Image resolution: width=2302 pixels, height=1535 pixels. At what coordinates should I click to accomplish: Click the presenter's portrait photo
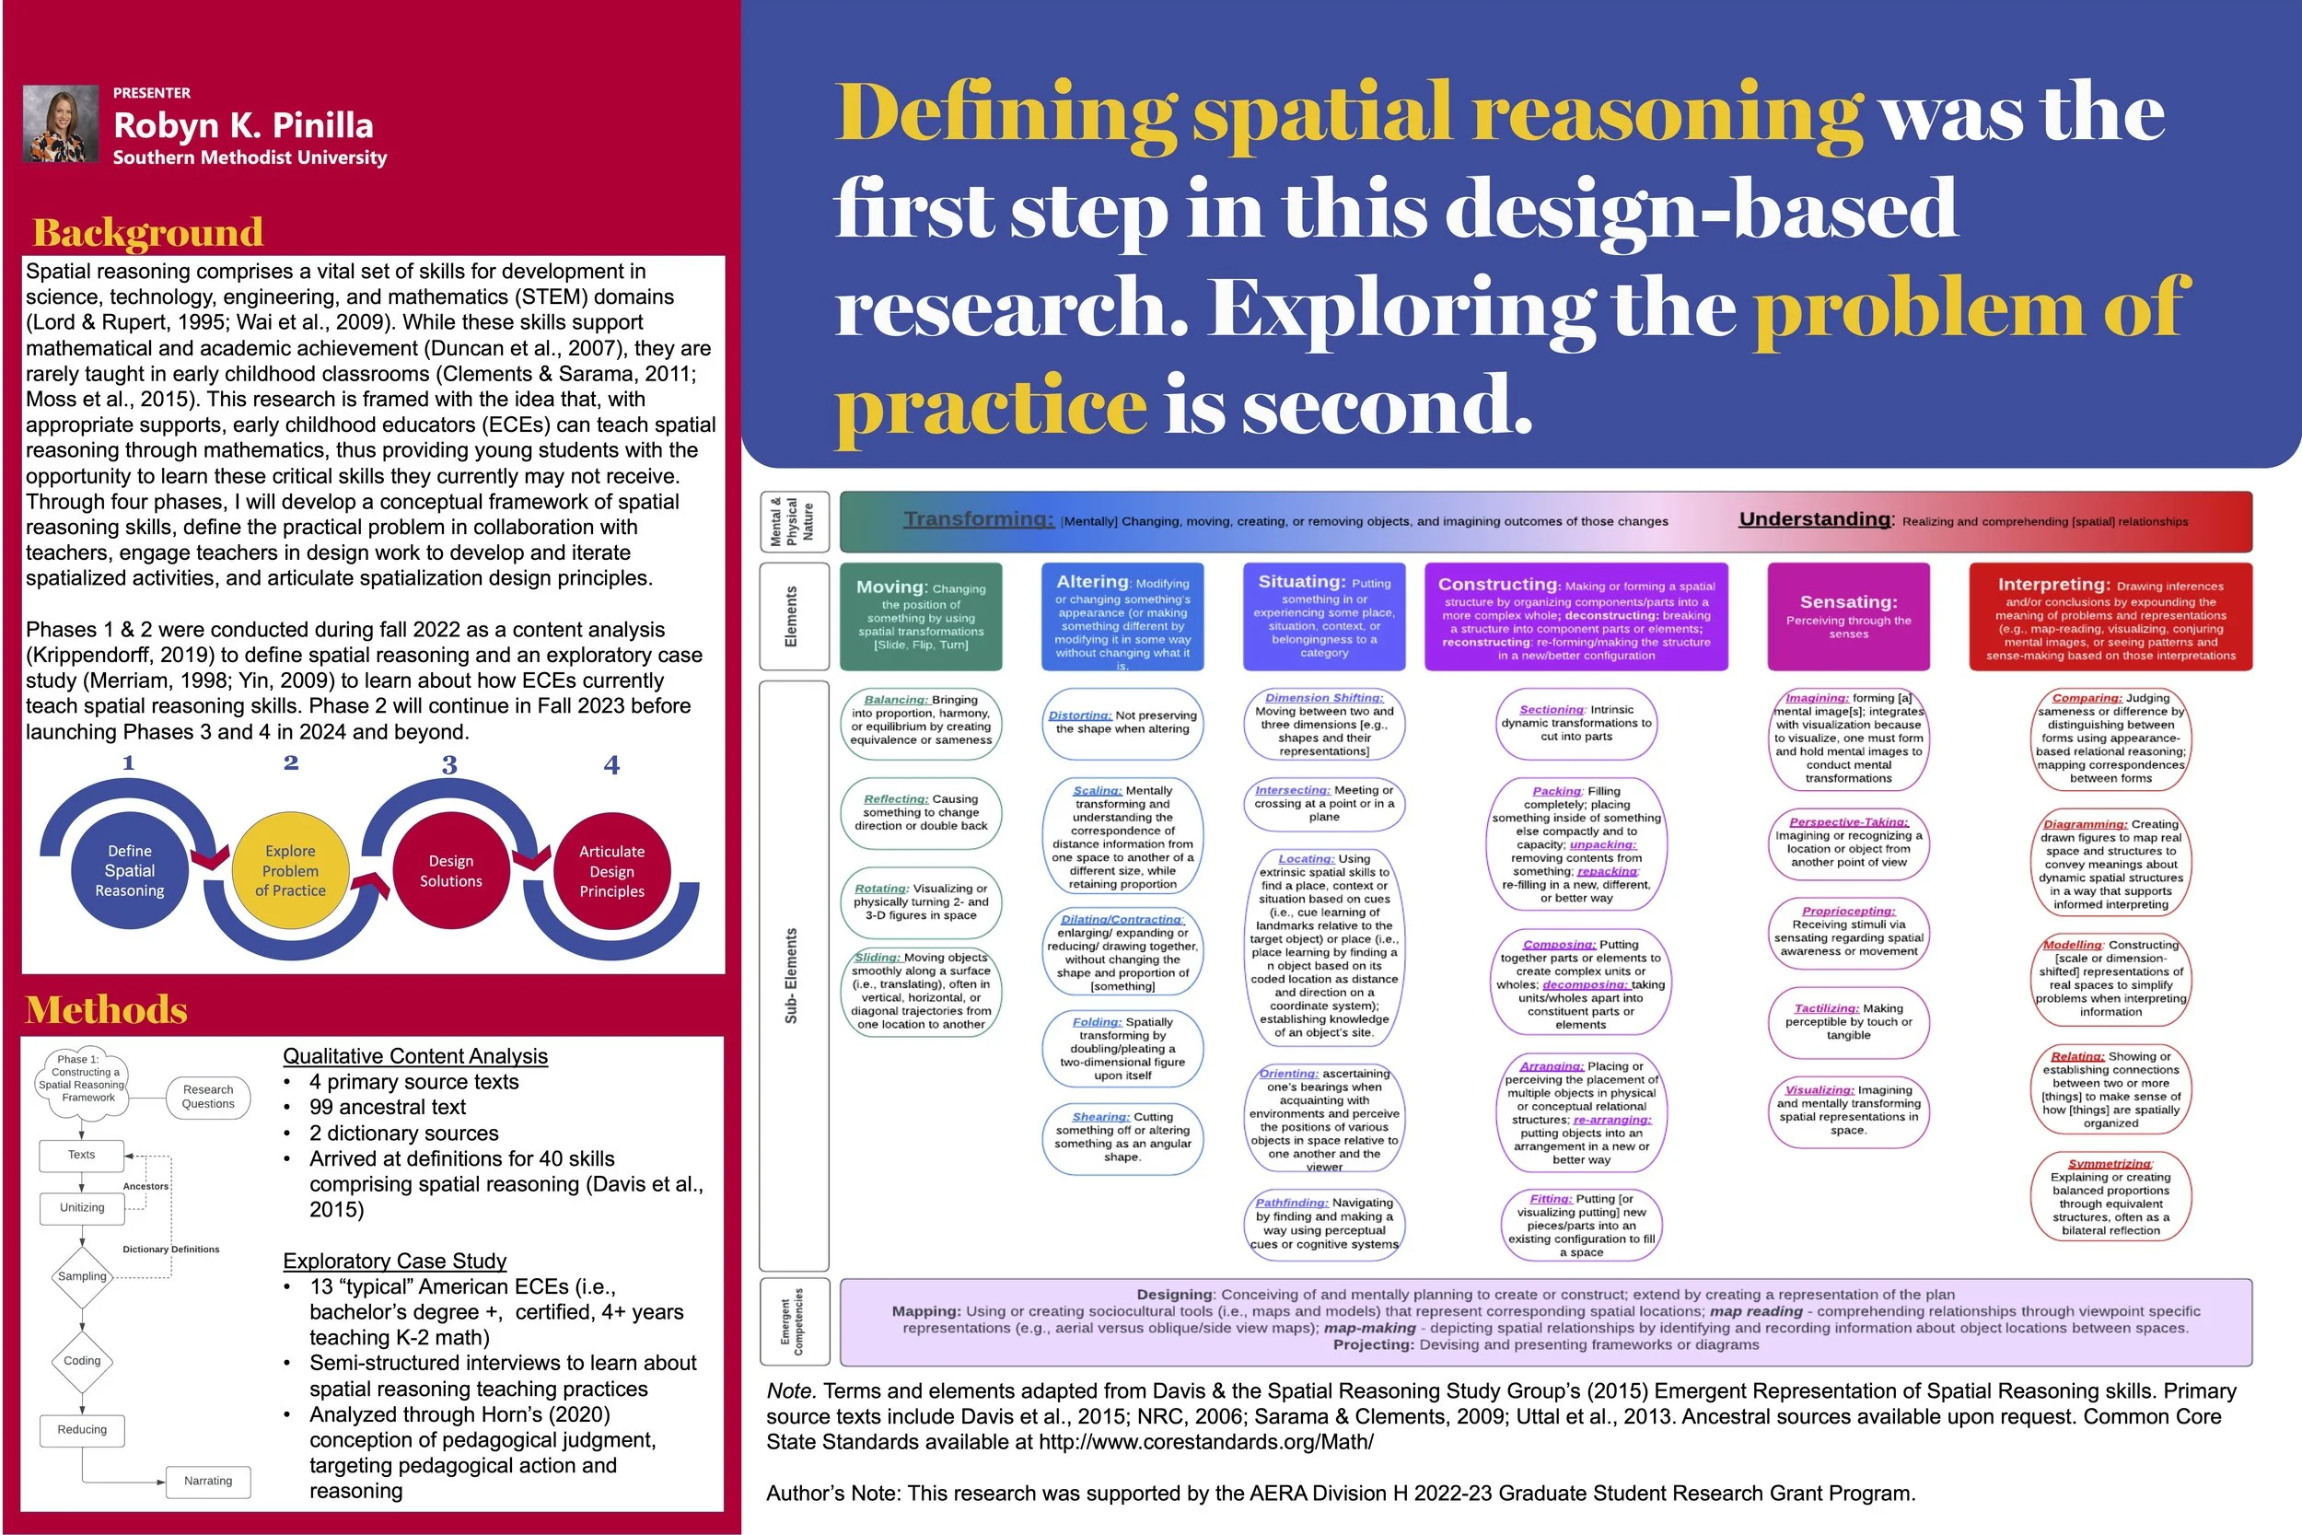(x=61, y=123)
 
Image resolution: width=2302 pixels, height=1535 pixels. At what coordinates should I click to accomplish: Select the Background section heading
(x=148, y=232)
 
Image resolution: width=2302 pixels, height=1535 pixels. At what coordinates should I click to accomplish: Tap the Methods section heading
(x=106, y=1009)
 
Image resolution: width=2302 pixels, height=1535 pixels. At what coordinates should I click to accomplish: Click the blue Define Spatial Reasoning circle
(x=129, y=870)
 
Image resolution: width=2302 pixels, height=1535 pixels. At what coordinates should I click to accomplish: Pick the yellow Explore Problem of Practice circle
(x=290, y=870)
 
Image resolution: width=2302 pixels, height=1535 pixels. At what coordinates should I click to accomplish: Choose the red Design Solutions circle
(x=450, y=870)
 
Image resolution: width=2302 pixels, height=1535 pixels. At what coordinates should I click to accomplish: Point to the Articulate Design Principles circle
(x=611, y=870)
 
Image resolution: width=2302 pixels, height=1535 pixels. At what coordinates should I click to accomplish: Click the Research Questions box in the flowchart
(x=207, y=1097)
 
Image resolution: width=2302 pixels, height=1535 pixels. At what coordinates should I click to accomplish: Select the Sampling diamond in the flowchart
(x=82, y=1276)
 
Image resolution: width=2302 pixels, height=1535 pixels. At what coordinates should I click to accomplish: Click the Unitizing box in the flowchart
(x=82, y=1207)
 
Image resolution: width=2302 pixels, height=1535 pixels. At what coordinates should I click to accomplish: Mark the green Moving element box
(x=920, y=617)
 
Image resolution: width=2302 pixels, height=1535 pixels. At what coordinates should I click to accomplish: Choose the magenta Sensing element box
(x=1848, y=617)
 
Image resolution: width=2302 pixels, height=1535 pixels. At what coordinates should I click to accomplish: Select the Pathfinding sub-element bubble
(x=1323, y=1223)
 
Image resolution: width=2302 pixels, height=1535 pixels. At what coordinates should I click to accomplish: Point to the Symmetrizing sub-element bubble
(x=2110, y=1196)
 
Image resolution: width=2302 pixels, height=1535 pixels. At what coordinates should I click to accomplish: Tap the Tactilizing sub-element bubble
(x=1848, y=1021)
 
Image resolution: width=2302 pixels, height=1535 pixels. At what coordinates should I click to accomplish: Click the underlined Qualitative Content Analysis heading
(x=415, y=1056)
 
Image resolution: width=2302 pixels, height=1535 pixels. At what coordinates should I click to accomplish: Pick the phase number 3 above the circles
(x=449, y=764)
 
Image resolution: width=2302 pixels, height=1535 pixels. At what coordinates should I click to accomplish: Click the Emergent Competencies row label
(x=794, y=1320)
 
